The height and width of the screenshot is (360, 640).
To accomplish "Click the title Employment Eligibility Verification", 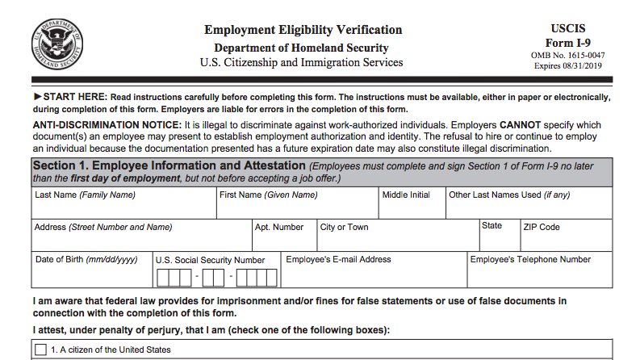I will (303, 30).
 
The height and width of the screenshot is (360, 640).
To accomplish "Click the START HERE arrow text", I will (69, 97).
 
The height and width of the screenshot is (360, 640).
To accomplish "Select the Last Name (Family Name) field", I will (124, 207).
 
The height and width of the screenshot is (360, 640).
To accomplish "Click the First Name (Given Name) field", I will (297, 207).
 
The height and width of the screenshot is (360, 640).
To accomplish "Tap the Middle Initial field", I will (412, 207).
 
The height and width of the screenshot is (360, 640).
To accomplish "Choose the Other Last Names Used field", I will (529, 207).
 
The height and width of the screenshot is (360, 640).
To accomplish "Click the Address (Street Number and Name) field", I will (141, 240).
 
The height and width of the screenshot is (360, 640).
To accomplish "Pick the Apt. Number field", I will (282, 240).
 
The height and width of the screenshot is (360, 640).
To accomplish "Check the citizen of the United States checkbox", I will (41, 350).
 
